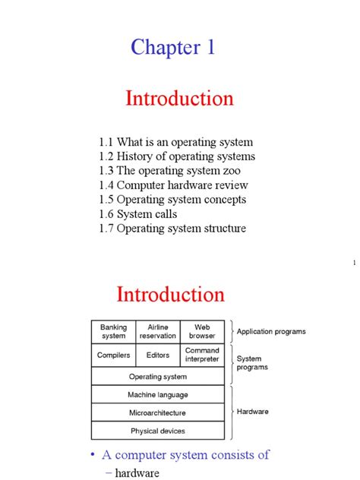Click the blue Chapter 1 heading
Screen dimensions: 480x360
pos(172,48)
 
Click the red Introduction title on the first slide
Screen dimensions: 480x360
pos(179,99)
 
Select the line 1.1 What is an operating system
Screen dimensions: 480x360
pos(175,142)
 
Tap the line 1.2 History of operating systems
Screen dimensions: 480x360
pos(177,156)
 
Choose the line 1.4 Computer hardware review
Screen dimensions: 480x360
pos(173,185)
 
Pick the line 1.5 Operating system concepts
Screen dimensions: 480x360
pos(172,200)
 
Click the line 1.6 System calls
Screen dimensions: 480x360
pos(137,214)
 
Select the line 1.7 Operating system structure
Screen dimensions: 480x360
pos(172,229)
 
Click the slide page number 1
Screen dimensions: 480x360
pos(354,264)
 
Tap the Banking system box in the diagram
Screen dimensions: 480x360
pos(113,332)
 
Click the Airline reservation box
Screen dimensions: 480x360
pos(158,332)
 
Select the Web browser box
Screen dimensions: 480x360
pos(202,332)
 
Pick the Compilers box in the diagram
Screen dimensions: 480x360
pos(113,355)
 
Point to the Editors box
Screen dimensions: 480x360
pos(158,355)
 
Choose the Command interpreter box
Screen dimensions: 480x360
pos(202,355)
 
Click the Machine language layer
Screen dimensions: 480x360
pos(158,395)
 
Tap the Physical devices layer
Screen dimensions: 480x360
pos(158,431)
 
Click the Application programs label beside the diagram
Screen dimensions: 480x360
pos(271,332)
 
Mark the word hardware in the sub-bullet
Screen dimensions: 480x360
pos(137,473)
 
